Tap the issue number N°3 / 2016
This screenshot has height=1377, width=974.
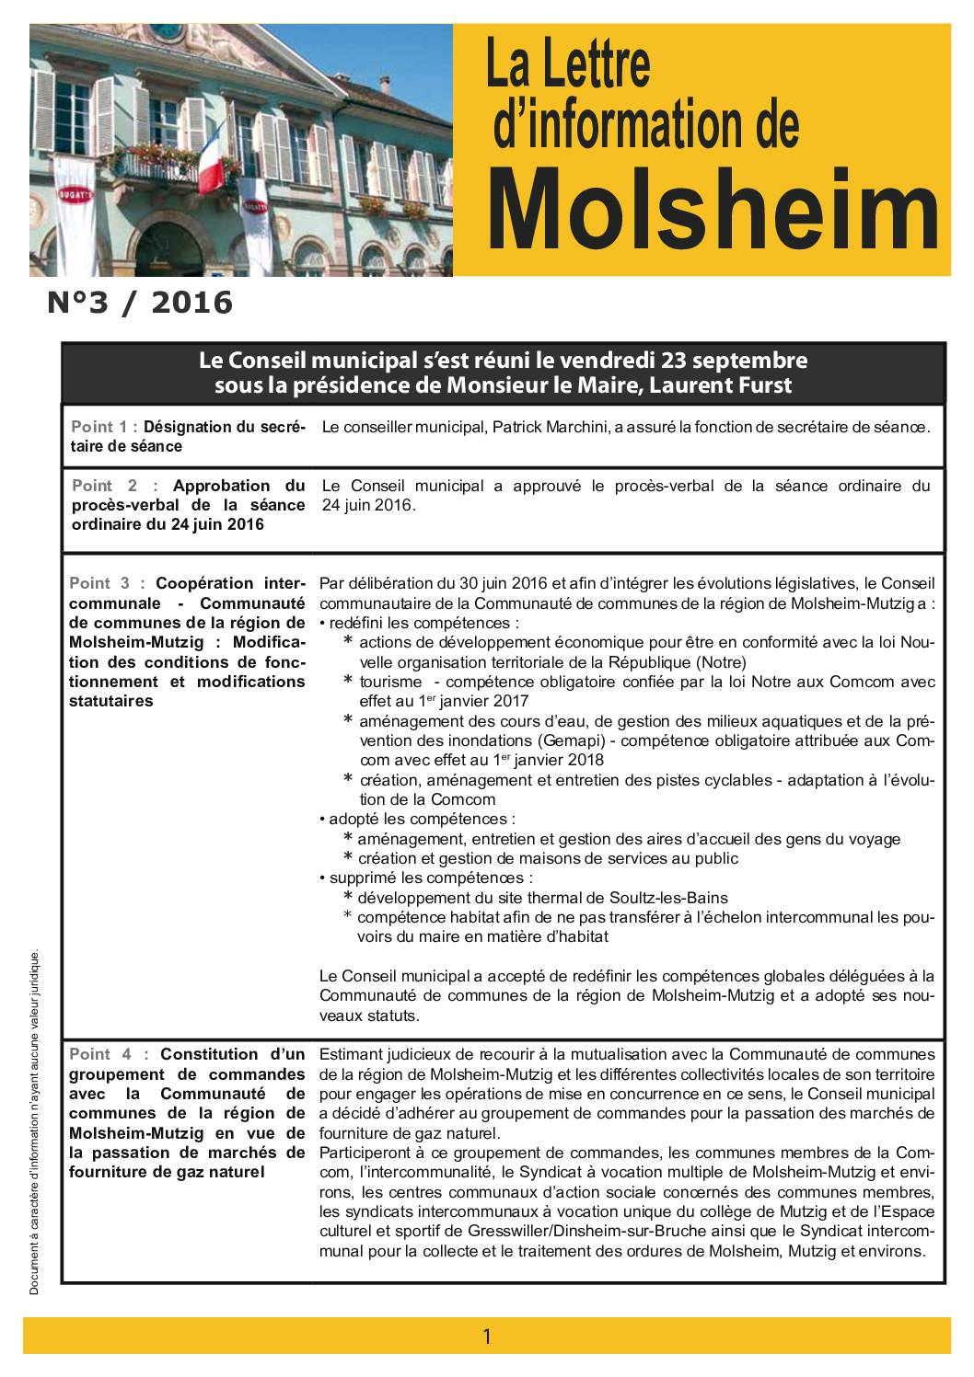pos(140,302)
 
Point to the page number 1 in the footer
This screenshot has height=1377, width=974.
pos(487,1337)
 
